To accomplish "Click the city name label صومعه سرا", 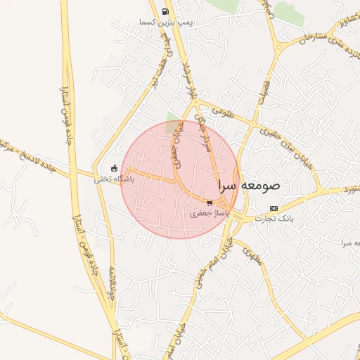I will point(249,186).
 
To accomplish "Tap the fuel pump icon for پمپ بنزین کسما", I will point(165,11).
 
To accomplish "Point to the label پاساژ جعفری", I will point(210,212).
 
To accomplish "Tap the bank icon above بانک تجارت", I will point(274,208).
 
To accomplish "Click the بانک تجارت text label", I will point(275,219).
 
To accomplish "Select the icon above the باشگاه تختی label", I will point(114,168).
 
